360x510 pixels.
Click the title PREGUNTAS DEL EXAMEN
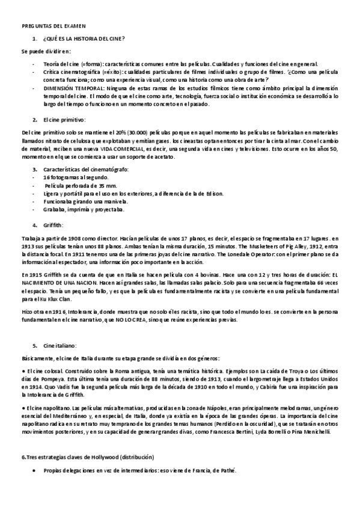coord(53,27)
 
